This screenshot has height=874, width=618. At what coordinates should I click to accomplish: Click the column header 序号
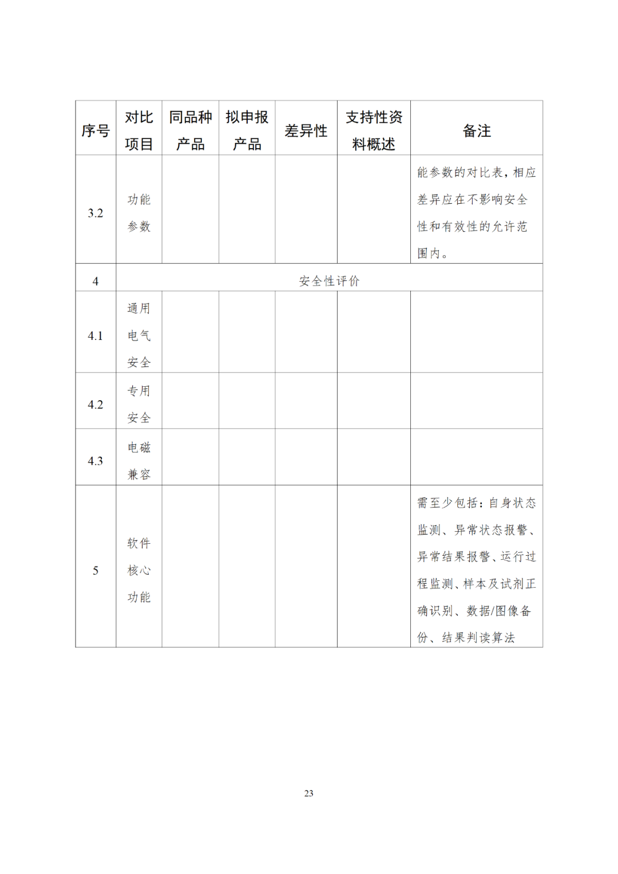coord(96,131)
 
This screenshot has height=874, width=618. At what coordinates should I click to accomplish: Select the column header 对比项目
coord(139,130)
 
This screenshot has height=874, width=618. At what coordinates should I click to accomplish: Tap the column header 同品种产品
coord(191,130)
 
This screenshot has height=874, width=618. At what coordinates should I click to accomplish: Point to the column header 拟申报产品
coord(247,130)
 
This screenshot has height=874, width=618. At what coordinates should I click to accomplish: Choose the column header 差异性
coord(306,131)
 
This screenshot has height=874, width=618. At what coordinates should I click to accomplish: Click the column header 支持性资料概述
coord(374,130)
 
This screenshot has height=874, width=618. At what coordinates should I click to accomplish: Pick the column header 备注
coord(477,131)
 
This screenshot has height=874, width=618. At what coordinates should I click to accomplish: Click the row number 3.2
coord(96,213)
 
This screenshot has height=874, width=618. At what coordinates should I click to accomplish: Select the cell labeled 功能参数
coord(139,213)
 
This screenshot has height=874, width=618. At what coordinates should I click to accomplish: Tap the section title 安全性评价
coord(329,281)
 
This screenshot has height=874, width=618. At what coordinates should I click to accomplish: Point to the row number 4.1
coord(96,336)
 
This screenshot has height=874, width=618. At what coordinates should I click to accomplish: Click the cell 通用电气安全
coord(139,335)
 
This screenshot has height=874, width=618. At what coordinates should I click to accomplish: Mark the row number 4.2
coord(96,405)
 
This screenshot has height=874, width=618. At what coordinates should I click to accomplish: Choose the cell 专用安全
coord(139,404)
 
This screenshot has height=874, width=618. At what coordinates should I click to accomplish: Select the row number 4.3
coord(96,461)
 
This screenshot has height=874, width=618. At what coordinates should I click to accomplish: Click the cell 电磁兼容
coord(139,461)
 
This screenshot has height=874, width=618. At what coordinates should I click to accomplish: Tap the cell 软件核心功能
coord(139,570)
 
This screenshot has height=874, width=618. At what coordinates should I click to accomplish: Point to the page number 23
coord(309,793)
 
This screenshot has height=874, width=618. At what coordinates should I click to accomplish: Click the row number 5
coord(96,571)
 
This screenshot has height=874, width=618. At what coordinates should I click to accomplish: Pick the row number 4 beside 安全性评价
coord(96,281)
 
